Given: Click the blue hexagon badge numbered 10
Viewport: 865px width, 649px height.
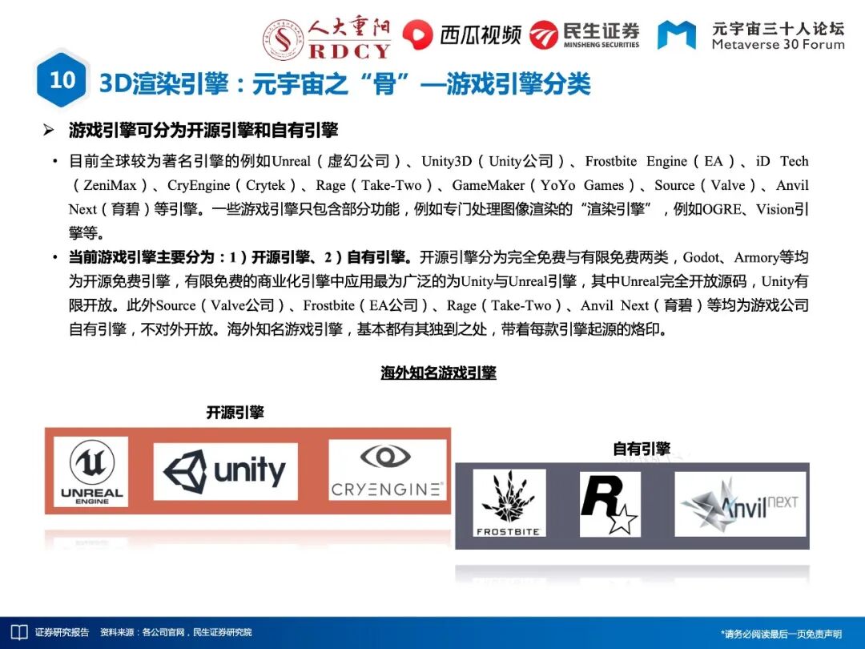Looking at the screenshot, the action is pyautogui.click(x=62, y=80).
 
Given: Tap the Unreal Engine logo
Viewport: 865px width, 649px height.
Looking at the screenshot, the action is pyautogui.click(x=91, y=471).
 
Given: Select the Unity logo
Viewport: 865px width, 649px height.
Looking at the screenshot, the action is pyautogui.click(x=225, y=471).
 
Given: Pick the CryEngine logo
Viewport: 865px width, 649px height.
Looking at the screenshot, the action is pyautogui.click(x=386, y=470).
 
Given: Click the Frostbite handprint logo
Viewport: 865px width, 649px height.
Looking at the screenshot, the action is pyautogui.click(x=509, y=503).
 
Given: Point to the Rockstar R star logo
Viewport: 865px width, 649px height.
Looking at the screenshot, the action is pyautogui.click(x=610, y=503).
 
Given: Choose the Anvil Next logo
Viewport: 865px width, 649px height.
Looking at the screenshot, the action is pyautogui.click(x=739, y=504).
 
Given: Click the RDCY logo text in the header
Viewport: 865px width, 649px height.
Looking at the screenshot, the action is pyautogui.click(x=350, y=50).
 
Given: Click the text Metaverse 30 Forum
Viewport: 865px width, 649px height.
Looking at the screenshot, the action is pyautogui.click(x=778, y=45).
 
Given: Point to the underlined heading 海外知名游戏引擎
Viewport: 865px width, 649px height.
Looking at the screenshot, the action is pyautogui.click(x=438, y=373).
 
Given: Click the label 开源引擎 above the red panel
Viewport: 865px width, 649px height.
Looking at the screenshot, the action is pyautogui.click(x=235, y=413).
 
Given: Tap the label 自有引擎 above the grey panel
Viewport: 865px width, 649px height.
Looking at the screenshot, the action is pyautogui.click(x=641, y=449).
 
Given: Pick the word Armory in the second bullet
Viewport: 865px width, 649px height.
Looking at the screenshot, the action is pyautogui.click(x=756, y=257).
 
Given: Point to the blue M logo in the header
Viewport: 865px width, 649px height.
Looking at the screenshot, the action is pyautogui.click(x=676, y=35).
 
